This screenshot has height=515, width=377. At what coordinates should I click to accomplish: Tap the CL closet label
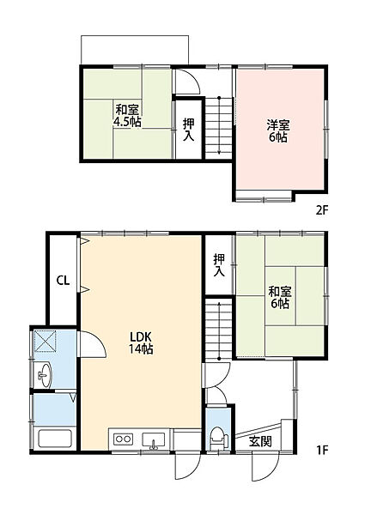[63, 279]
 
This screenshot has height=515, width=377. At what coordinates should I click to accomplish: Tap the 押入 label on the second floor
[188, 129]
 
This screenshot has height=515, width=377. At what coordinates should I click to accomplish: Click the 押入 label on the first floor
[220, 264]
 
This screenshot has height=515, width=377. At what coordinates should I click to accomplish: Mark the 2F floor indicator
[321, 208]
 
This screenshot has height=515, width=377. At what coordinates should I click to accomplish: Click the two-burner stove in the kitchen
[123, 440]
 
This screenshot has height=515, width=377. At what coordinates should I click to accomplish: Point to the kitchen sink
[155, 441]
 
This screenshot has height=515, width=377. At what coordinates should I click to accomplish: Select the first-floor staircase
[220, 330]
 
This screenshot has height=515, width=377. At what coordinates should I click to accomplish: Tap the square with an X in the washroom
[45, 342]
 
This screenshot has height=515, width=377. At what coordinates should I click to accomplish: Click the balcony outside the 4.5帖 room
[134, 51]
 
